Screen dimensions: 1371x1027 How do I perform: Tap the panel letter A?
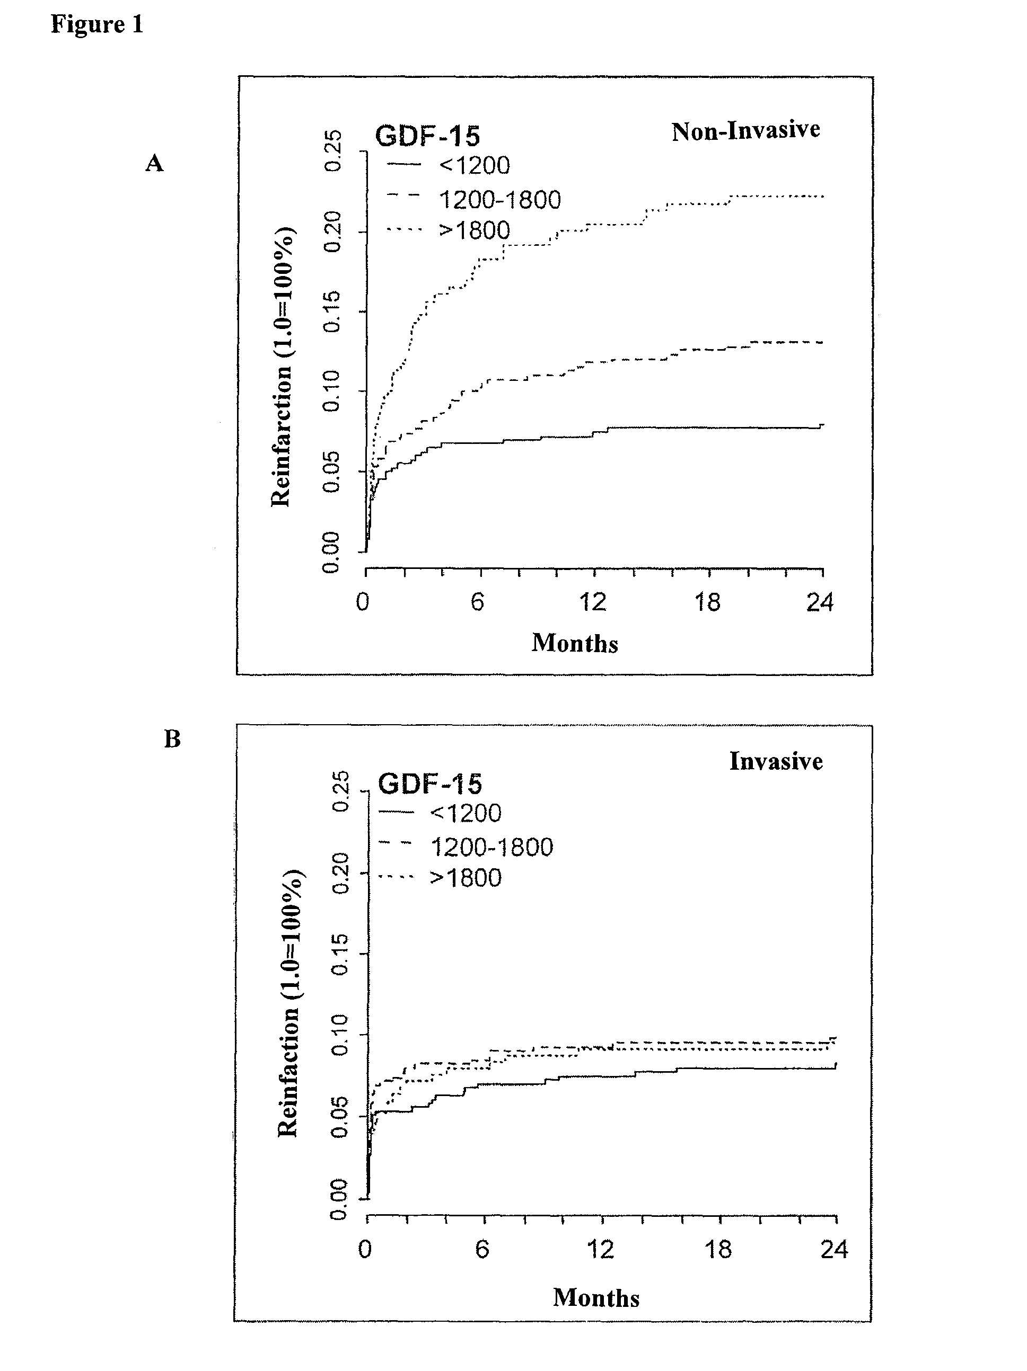[154, 164]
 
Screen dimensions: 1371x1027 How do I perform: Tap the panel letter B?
[172, 739]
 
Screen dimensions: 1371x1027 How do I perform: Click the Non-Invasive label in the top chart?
[745, 131]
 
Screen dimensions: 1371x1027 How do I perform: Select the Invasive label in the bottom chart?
[776, 761]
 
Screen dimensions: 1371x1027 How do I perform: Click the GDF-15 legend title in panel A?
[428, 136]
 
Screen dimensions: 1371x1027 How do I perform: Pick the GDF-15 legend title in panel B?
[430, 784]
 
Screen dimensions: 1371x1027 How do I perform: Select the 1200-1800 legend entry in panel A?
[500, 200]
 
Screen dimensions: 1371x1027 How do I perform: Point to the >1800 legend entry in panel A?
[475, 230]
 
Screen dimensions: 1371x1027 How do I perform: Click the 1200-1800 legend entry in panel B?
[491, 847]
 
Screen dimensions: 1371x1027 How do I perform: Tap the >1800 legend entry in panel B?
[466, 878]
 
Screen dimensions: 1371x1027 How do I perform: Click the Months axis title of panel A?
[575, 643]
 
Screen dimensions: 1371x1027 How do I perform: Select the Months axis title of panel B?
[596, 1298]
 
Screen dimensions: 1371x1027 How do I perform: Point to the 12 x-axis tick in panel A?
[592, 602]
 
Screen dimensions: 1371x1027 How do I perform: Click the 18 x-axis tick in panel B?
[718, 1249]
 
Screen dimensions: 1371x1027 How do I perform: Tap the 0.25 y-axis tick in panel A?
[332, 150]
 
